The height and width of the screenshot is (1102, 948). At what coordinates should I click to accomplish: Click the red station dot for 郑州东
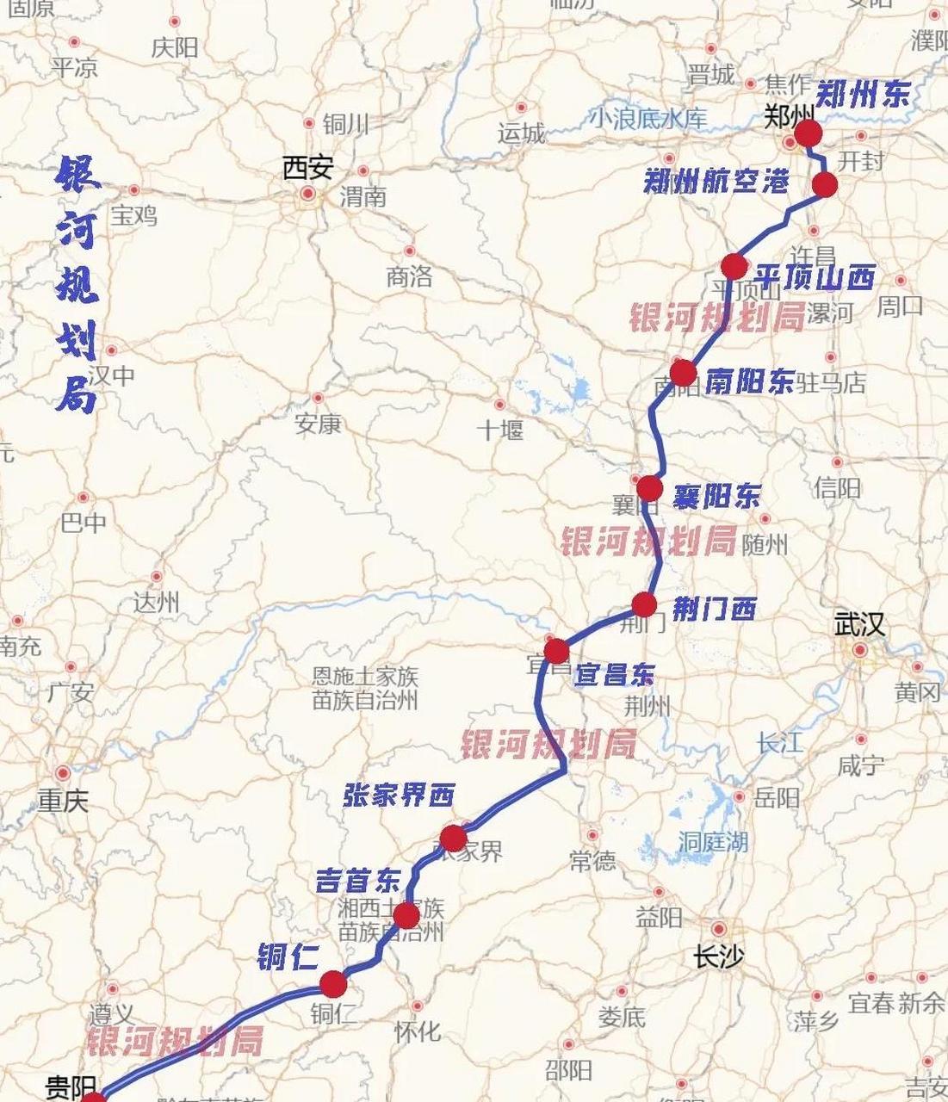tap(808, 133)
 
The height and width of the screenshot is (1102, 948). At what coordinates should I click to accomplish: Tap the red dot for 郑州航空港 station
tap(825, 184)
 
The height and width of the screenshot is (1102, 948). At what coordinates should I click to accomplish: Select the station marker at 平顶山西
tap(734, 266)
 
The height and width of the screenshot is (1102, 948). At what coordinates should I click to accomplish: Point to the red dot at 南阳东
tap(683, 373)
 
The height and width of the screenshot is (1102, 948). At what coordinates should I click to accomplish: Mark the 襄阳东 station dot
tap(649, 488)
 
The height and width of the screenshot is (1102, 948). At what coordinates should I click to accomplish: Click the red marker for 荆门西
tap(644, 604)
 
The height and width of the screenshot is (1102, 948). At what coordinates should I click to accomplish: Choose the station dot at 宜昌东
tap(556, 649)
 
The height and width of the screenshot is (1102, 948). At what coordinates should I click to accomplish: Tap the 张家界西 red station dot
tap(453, 837)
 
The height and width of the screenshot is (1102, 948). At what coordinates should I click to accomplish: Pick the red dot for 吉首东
tap(406, 915)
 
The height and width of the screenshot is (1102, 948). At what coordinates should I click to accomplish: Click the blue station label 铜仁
tap(288, 957)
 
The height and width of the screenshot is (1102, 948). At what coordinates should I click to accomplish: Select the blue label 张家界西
tap(399, 795)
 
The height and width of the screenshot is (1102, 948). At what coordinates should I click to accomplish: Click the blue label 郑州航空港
tap(716, 181)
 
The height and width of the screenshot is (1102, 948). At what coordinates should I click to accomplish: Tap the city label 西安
tap(307, 167)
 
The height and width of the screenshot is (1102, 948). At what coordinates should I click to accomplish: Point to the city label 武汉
tap(858, 624)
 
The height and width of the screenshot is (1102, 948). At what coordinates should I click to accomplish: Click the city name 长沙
tap(718, 956)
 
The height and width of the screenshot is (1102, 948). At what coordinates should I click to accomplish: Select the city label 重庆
tap(63, 801)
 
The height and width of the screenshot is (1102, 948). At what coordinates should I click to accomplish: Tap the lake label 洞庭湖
tap(713, 842)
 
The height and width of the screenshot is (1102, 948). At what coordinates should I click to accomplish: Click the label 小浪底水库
tap(647, 118)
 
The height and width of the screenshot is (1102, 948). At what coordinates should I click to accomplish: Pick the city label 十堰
tap(500, 429)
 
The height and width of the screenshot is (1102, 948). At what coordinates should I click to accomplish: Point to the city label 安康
tap(318, 423)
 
